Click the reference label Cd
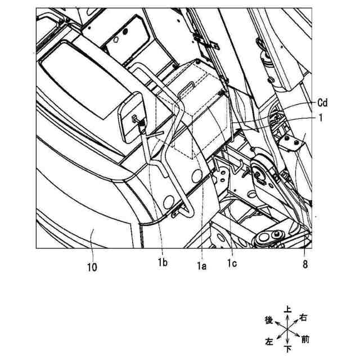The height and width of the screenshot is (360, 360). coord(321,102)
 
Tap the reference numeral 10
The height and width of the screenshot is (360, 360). coord(92,267)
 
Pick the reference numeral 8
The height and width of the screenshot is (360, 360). coord(305,262)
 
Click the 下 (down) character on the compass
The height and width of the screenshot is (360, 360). coord(288,349)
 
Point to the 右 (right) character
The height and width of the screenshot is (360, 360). coord(304,318)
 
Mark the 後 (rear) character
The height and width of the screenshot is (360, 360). coord(269,320)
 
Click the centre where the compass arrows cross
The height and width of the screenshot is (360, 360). coord(287,330)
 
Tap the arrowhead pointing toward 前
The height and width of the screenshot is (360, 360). coord(298,336)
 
